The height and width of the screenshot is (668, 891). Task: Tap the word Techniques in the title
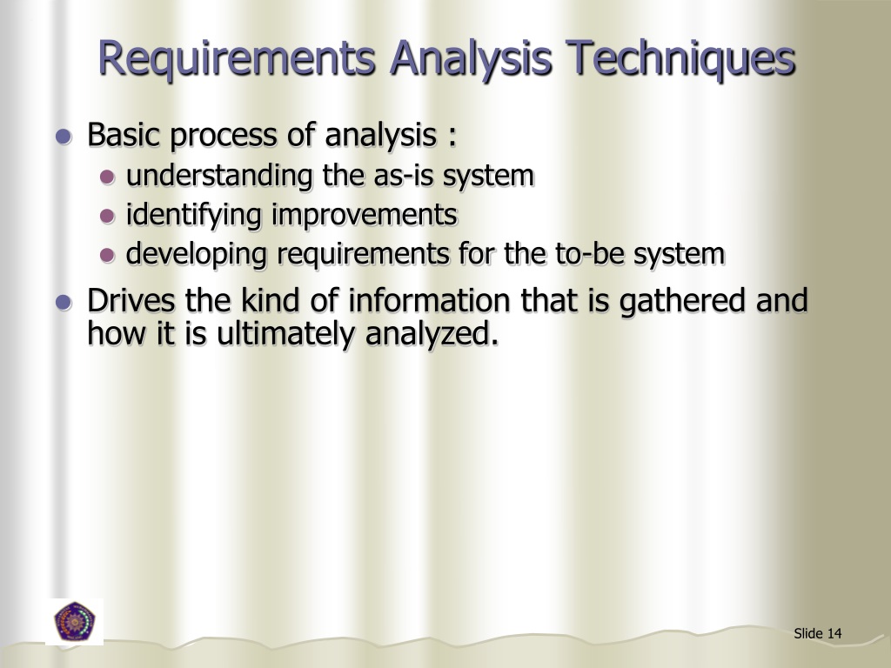(x=682, y=59)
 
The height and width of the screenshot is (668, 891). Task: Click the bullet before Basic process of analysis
(x=63, y=137)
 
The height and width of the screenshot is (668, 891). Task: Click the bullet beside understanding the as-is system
(x=107, y=177)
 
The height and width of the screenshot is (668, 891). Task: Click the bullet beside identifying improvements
(x=107, y=216)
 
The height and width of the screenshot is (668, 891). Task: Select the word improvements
(x=365, y=215)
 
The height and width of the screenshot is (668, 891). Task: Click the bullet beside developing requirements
(x=107, y=256)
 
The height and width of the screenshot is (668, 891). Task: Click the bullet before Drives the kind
(x=63, y=303)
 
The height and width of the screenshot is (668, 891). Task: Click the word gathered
(x=674, y=301)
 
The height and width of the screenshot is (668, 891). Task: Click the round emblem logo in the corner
(x=75, y=622)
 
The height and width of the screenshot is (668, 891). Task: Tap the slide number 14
(x=834, y=633)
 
